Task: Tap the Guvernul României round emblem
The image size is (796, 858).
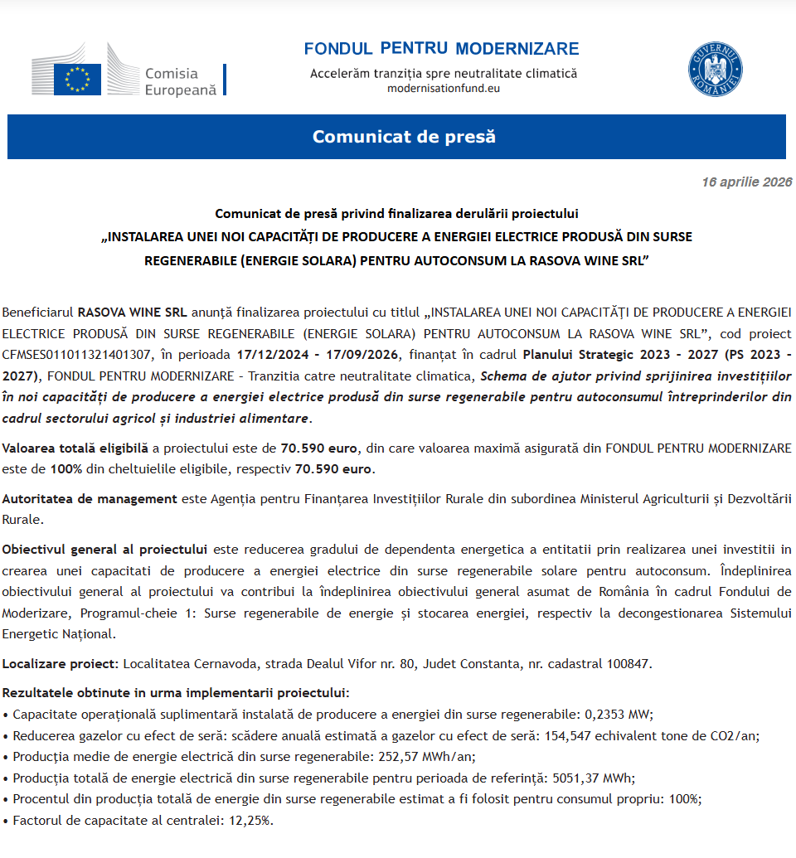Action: tap(715, 69)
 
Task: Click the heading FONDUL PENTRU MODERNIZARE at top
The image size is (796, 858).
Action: tap(441, 49)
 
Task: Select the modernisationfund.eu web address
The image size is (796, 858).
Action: tap(444, 88)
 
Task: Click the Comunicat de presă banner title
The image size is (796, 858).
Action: tap(404, 137)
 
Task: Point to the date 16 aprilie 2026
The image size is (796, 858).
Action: tap(746, 182)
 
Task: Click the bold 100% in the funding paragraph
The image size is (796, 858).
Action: tap(66, 469)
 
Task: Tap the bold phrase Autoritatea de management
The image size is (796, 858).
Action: tap(90, 499)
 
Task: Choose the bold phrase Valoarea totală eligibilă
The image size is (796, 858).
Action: tap(75, 448)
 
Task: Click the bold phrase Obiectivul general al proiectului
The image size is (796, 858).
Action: tap(104, 550)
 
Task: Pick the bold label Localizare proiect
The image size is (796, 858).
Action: tap(61, 663)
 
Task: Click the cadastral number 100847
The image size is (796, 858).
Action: tap(627, 663)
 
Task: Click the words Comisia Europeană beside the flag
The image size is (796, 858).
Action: tap(181, 82)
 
